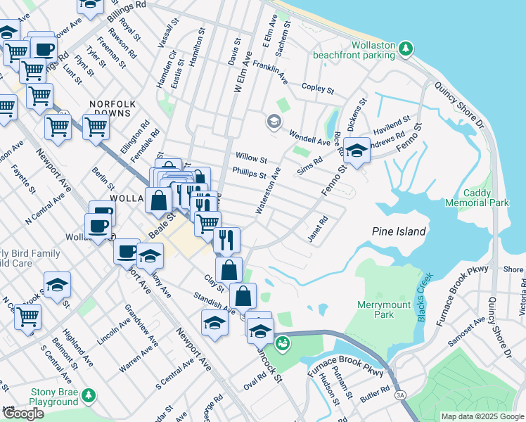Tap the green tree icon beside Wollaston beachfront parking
click(406, 49)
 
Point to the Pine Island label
click(399, 231)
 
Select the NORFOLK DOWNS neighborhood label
click(110, 108)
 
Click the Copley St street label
click(317, 88)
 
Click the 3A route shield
click(401, 395)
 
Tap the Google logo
click(23, 414)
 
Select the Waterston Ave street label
click(269, 191)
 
